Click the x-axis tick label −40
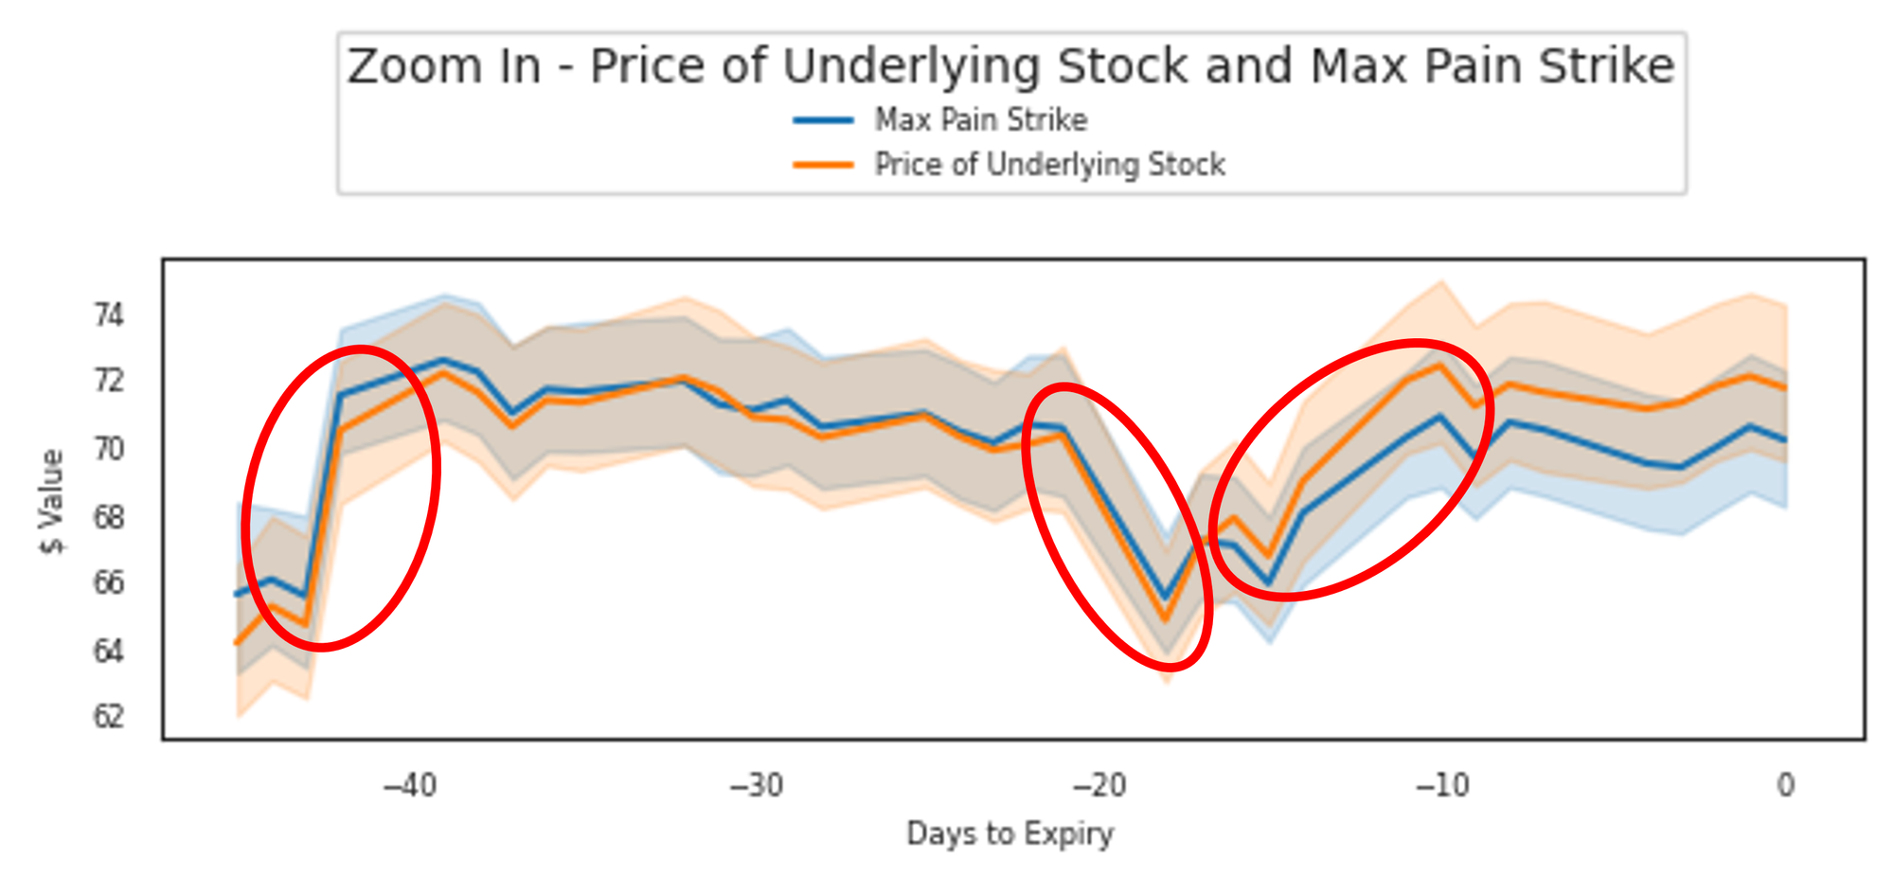point(409,785)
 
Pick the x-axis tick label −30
point(757,785)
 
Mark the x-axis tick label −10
point(1441,785)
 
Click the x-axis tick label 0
point(1785,785)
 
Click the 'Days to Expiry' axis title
point(1010,834)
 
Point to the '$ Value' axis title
point(52,501)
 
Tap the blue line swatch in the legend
point(823,120)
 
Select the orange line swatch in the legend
point(823,165)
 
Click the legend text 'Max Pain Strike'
point(980,120)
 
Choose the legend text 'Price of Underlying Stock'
point(1049,165)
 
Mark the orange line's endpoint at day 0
point(1785,387)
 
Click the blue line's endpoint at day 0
point(1785,439)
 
